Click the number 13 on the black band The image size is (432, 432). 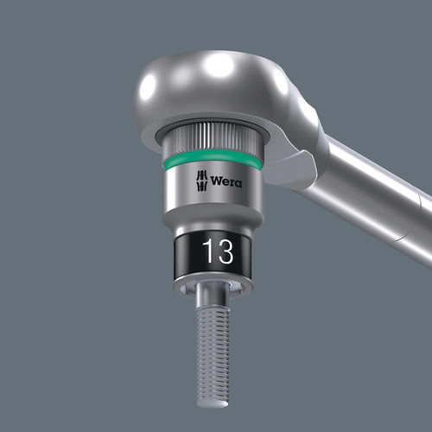click(x=218, y=251)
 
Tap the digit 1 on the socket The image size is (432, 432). click(x=207, y=251)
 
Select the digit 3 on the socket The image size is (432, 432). click(x=226, y=251)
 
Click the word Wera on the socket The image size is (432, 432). click(x=226, y=181)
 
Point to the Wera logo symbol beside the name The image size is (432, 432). click(x=202, y=181)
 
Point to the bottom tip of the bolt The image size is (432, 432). click(x=213, y=405)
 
